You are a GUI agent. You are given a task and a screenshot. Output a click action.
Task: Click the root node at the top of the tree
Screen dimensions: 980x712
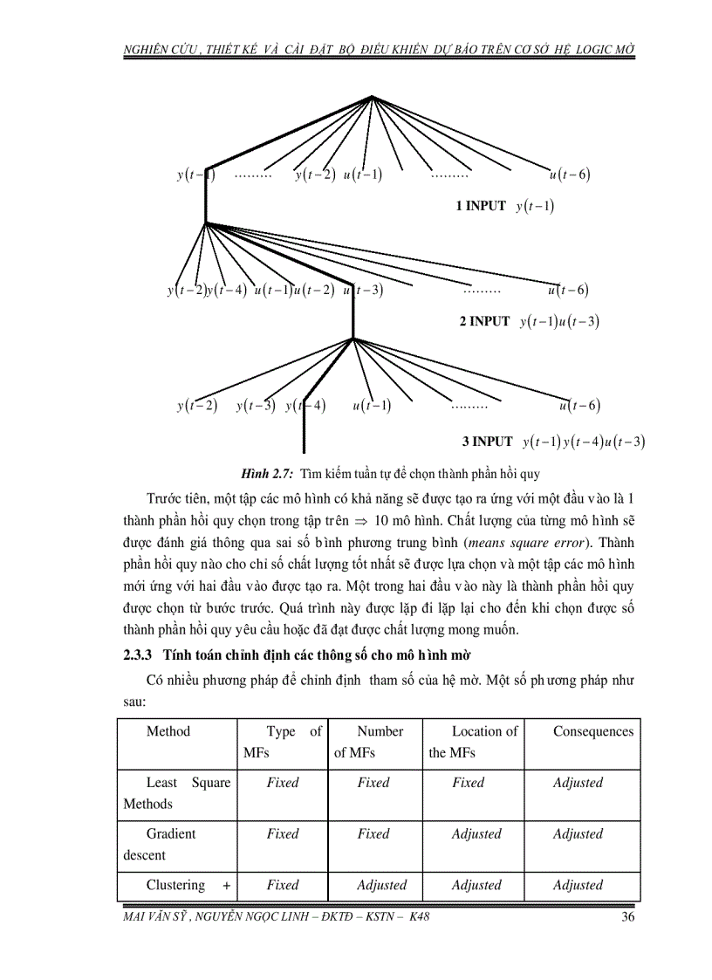pos(373,97)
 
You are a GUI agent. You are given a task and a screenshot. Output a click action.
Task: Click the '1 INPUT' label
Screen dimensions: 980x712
pos(480,206)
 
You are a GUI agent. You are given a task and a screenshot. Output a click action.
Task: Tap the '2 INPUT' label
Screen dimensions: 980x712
pos(484,321)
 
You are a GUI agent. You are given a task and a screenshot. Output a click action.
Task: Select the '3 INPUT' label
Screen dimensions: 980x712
pos(487,442)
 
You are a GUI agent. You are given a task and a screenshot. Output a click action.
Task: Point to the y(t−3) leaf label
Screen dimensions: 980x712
pos(256,406)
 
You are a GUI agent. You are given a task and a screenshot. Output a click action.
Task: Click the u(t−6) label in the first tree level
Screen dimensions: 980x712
pos(570,174)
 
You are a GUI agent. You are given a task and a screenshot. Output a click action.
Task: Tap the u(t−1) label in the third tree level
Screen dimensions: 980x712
pos(372,406)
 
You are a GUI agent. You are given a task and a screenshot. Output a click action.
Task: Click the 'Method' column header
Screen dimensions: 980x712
pos(168,731)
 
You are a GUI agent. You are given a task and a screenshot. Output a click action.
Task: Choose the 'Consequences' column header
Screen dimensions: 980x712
pos(592,731)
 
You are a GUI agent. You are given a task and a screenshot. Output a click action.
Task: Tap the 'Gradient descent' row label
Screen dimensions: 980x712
pos(170,844)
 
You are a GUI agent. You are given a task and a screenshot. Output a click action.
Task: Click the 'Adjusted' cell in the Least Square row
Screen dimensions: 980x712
pos(577,783)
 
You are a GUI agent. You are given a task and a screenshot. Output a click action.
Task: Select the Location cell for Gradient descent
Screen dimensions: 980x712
pos(476,833)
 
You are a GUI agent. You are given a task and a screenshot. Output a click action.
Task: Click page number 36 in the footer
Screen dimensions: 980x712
pos(627,916)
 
